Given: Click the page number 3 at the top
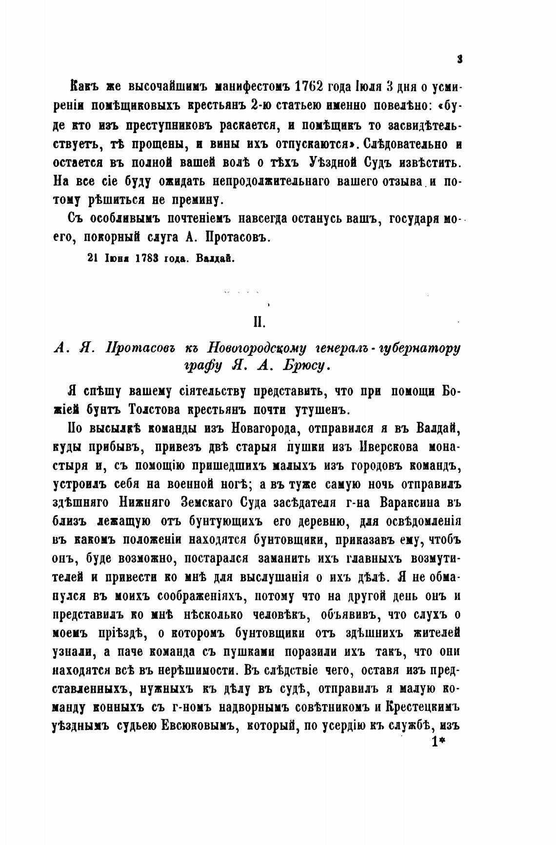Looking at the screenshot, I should coord(459,59).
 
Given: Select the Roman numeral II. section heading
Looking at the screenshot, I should coord(257,322).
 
